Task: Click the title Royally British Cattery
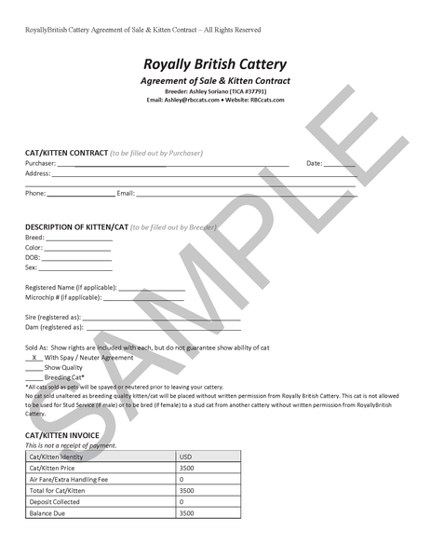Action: [x=215, y=64]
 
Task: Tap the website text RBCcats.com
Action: [x=267, y=100]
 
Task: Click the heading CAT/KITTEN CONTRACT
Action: [x=66, y=152]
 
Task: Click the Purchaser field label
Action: [x=42, y=163]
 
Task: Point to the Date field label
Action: [x=314, y=163]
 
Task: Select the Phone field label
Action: [x=35, y=194]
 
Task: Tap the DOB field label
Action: [x=33, y=257]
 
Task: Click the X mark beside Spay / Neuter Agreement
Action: [x=34, y=358]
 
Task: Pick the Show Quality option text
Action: [x=63, y=367]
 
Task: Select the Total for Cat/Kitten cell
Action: [x=57, y=490]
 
